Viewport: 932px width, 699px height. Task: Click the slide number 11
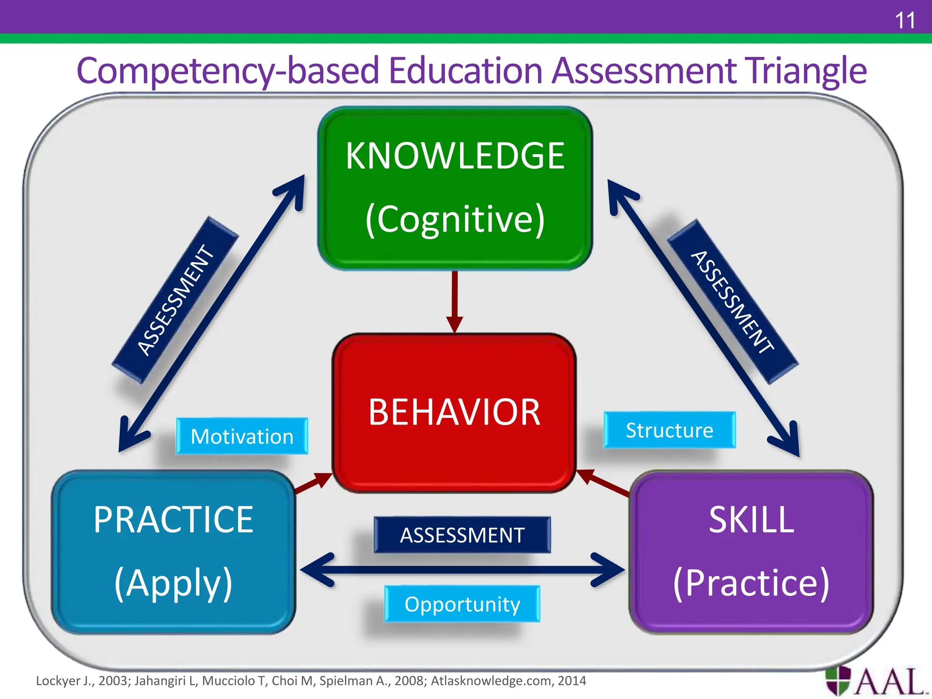click(904, 20)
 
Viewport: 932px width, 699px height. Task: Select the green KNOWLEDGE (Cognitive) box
click(455, 187)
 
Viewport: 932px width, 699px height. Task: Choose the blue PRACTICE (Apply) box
click(173, 552)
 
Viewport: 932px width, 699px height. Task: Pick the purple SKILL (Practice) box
click(751, 552)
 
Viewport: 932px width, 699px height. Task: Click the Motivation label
click(242, 436)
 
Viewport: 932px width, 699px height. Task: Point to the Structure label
click(669, 431)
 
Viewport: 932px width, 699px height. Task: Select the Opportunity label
click(462, 604)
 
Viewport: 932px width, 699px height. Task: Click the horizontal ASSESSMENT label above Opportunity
click(462, 535)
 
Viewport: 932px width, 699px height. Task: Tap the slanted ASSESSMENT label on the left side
click(175, 300)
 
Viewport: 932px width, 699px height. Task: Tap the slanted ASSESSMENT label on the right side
click(732, 302)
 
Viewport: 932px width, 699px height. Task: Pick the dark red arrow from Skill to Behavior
click(603, 481)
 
